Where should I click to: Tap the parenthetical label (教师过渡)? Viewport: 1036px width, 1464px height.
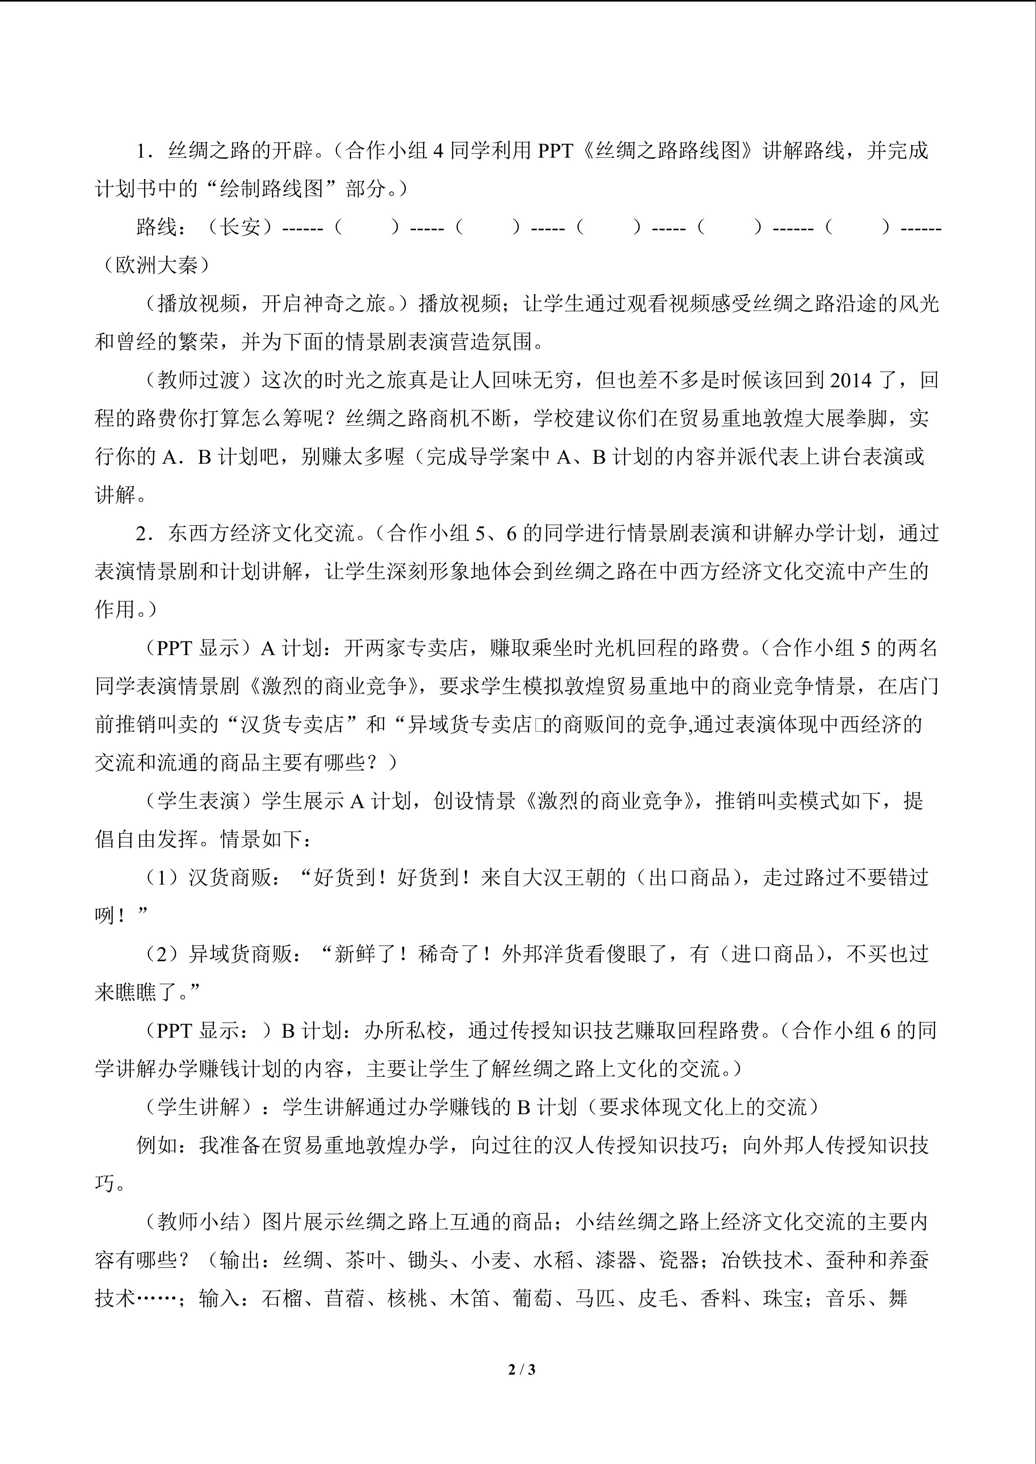(198, 380)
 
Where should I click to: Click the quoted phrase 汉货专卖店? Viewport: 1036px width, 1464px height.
(292, 725)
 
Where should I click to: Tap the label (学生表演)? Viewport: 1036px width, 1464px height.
(198, 801)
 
